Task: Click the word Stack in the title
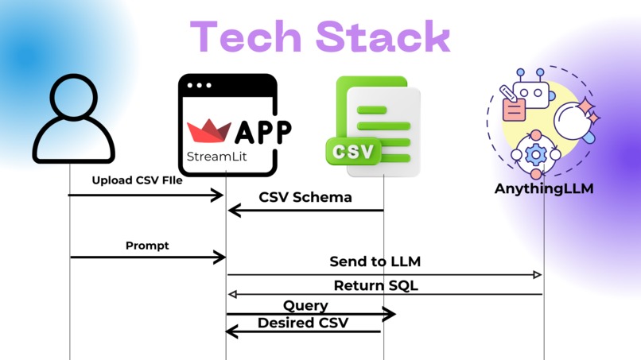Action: pos(383,37)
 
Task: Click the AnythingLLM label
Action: pos(544,189)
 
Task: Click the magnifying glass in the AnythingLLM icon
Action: pos(569,119)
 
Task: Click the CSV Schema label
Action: pos(305,197)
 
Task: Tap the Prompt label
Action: pos(147,246)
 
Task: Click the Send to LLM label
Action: pos(375,261)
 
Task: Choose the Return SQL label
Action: pos(375,285)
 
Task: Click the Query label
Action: pos(305,305)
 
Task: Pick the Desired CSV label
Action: pos(302,323)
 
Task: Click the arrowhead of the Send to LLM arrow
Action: pos(538,274)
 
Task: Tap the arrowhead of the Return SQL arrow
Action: pos(232,294)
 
